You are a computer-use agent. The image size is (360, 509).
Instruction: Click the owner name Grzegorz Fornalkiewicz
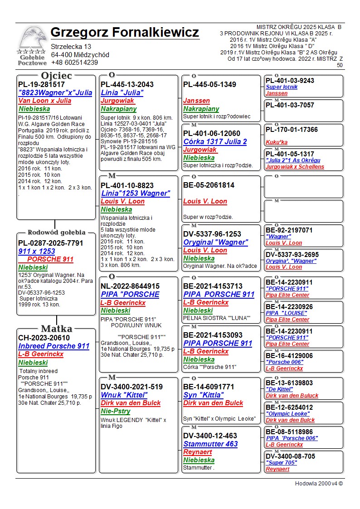click(125, 33)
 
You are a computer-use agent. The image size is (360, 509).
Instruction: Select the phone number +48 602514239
click(74, 63)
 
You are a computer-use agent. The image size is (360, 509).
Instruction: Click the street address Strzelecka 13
click(71, 47)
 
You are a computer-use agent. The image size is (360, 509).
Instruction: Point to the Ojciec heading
click(57, 75)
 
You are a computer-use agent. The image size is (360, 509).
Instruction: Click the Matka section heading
click(56, 329)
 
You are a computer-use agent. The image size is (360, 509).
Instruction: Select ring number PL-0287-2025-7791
click(51, 243)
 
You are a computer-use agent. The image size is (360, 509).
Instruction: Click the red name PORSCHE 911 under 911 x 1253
click(50, 259)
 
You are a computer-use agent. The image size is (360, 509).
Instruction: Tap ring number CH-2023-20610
click(44, 338)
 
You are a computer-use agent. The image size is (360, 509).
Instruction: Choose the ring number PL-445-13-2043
click(127, 84)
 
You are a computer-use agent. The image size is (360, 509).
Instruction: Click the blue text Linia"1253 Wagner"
click(135, 194)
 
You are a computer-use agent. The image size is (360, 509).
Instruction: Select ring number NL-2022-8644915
click(130, 286)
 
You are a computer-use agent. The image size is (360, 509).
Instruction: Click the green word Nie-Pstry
click(116, 411)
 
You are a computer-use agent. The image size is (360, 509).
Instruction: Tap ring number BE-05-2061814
click(209, 185)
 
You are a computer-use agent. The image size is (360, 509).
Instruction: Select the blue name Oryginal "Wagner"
click(216, 242)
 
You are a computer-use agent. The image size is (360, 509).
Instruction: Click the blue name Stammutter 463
click(210, 444)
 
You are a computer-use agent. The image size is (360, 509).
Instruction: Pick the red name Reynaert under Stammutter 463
click(198, 452)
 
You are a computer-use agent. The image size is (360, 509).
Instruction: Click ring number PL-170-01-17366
click(292, 130)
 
